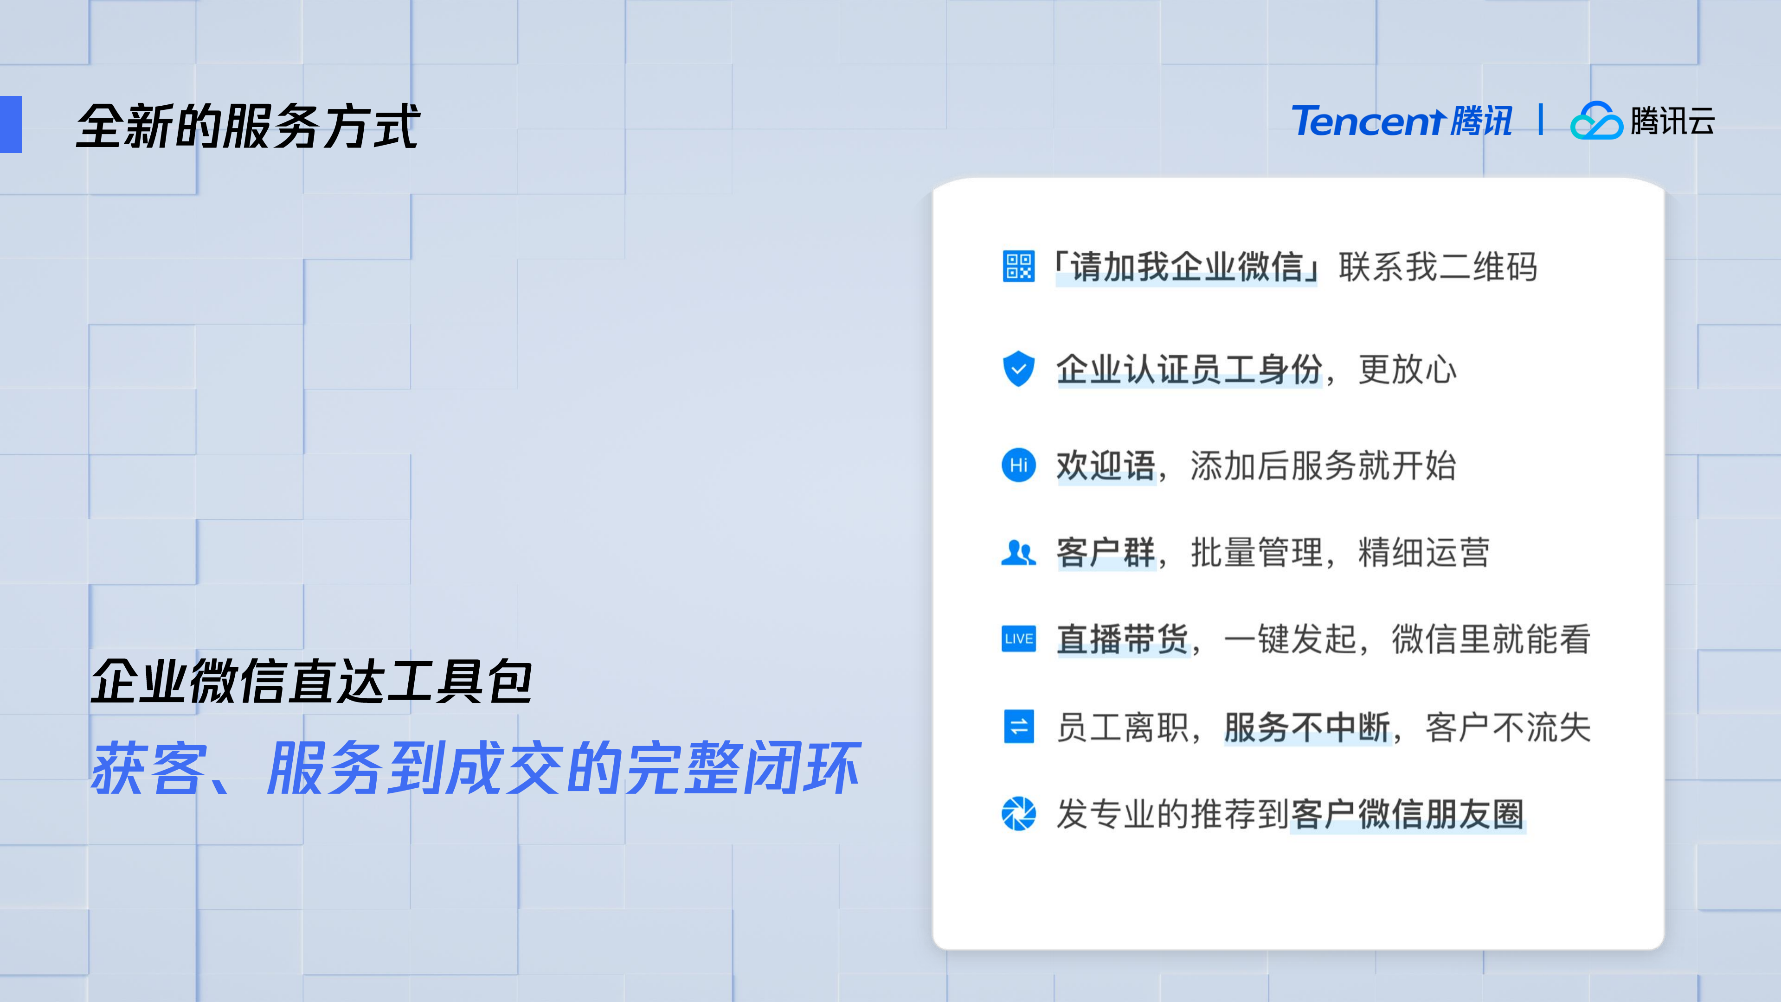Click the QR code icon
click(1018, 267)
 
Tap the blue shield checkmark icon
click(1018, 369)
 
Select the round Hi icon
click(1018, 465)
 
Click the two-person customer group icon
click(1018, 553)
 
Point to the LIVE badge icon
click(1018, 638)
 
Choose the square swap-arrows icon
click(1018, 726)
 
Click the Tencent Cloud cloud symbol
click(1596, 121)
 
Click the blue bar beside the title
click(11, 124)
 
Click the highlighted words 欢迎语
click(1105, 465)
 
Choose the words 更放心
click(1407, 369)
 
